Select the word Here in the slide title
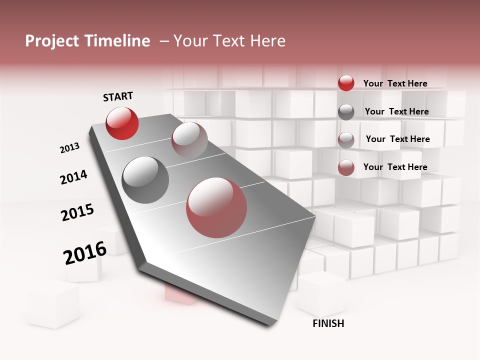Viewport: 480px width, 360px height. pyautogui.click(x=267, y=41)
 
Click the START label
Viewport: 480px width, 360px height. pyautogui.click(x=118, y=97)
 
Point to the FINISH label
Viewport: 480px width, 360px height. pyautogui.click(x=328, y=323)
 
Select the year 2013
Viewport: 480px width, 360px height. pyautogui.click(x=69, y=148)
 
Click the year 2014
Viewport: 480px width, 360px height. pyautogui.click(x=73, y=177)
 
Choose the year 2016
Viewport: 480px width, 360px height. pyautogui.click(x=85, y=253)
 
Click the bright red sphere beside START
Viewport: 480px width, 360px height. pyautogui.click(x=122, y=123)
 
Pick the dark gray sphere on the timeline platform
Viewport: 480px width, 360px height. pyautogui.click(x=145, y=180)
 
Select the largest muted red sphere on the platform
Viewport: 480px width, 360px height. pyautogui.click(x=216, y=207)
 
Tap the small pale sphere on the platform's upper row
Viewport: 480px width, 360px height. pyautogui.click(x=189, y=139)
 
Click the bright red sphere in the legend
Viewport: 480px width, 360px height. pyautogui.click(x=346, y=83)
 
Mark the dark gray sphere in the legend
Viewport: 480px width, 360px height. pyautogui.click(x=346, y=112)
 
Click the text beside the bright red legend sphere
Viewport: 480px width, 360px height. pyautogui.click(x=395, y=83)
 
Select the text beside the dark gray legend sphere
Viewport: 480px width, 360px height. pyautogui.click(x=396, y=111)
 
